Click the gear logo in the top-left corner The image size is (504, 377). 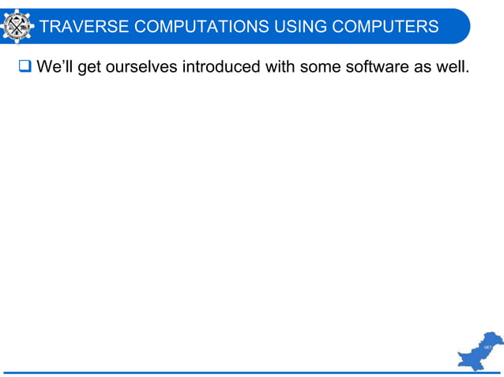click(x=17, y=25)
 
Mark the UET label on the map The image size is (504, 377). click(x=489, y=347)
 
